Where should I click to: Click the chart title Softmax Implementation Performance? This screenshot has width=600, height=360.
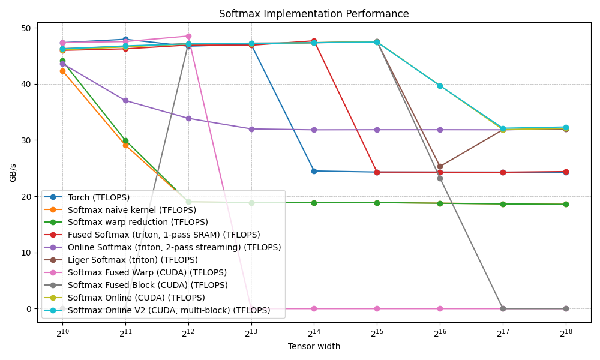314,14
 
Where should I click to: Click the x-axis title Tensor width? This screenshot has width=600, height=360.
314,346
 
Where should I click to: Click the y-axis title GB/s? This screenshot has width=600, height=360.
13,172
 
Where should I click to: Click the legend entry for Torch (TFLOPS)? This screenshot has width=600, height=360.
98,197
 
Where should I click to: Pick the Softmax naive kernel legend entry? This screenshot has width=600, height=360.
131,210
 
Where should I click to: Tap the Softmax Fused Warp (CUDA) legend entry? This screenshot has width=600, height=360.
147,273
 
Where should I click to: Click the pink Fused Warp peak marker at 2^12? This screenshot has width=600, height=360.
188,36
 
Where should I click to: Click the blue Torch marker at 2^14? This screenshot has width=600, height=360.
314,171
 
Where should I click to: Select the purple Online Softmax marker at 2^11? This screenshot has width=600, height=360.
125,100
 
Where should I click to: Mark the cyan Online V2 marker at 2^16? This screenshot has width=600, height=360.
440,86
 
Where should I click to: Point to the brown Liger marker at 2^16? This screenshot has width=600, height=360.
440,166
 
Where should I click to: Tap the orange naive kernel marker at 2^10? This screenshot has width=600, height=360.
62,71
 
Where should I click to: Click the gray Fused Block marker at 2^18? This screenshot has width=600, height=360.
565,308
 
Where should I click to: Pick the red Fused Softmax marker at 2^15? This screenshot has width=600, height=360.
377,172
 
